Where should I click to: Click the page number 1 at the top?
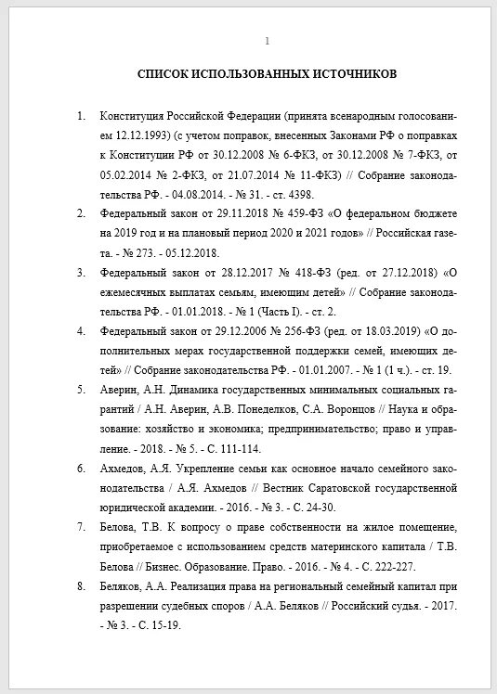point(268,41)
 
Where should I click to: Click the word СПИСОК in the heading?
point(163,73)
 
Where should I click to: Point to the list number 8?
point(81,586)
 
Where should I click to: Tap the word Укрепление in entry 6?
point(202,468)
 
